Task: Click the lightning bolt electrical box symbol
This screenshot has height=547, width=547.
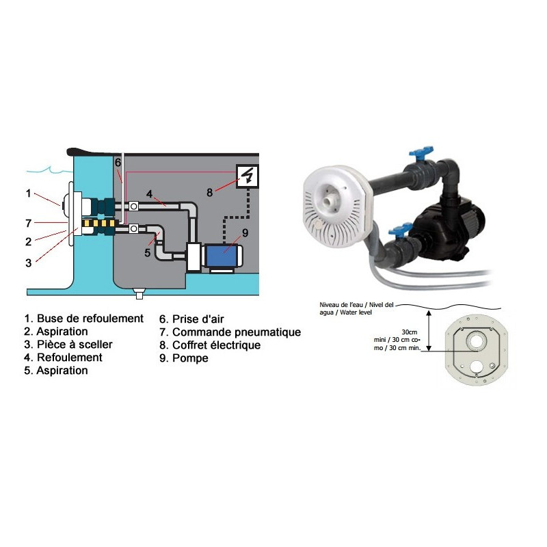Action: tap(248, 176)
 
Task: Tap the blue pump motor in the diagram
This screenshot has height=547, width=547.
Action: tap(222, 256)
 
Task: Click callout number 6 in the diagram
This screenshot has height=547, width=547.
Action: tap(118, 163)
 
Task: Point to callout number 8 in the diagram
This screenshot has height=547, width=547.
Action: tap(209, 192)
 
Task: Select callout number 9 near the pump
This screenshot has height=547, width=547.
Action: tap(245, 232)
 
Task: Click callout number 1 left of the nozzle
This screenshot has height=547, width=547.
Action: tap(29, 194)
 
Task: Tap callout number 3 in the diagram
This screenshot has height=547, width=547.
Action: tap(29, 263)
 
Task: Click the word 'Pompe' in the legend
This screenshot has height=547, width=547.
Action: tap(190, 358)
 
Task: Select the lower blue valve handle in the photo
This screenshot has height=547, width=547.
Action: tap(399, 230)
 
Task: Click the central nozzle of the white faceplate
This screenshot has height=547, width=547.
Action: tap(330, 202)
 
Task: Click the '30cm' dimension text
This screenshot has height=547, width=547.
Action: tap(409, 332)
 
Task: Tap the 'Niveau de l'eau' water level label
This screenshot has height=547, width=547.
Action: tap(341, 305)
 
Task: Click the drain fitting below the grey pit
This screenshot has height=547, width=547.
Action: tap(139, 294)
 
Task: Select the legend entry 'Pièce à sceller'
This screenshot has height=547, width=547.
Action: tap(75, 345)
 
